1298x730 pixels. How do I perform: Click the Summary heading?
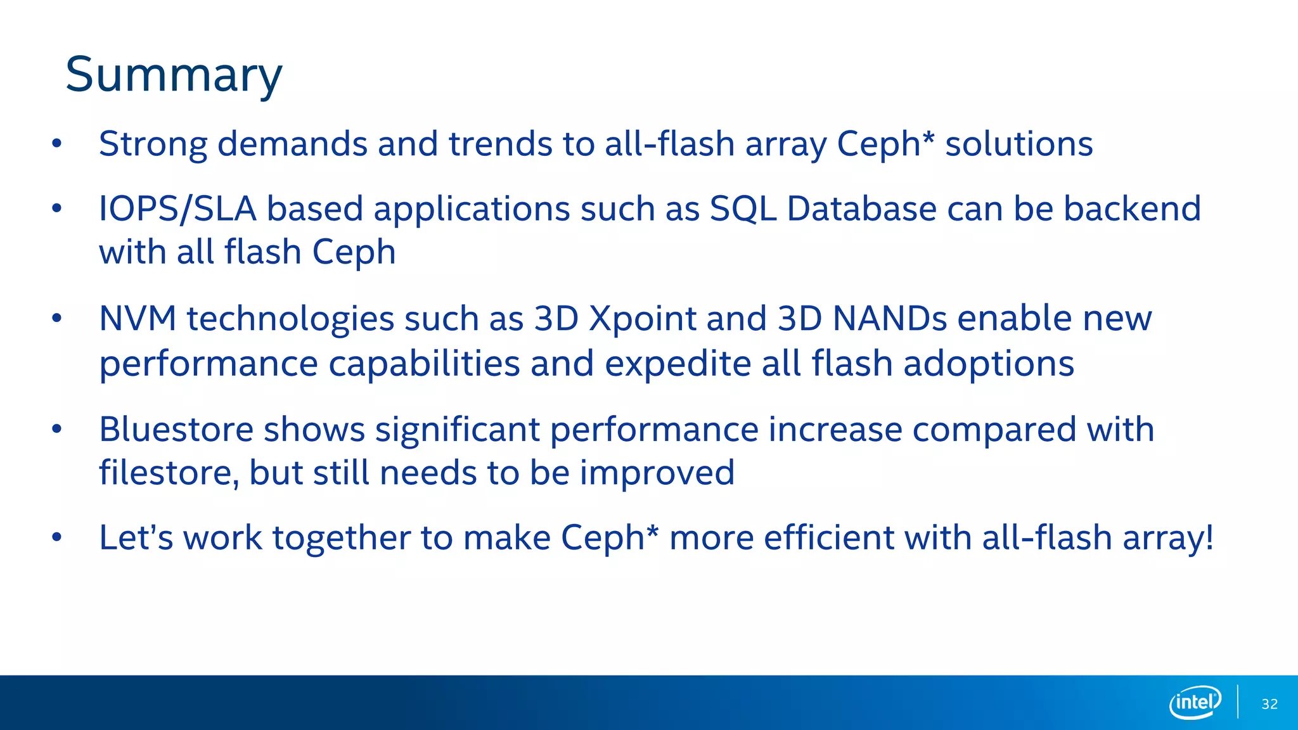[174, 75]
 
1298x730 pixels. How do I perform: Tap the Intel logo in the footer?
[1195, 702]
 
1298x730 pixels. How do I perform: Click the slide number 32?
[1269, 704]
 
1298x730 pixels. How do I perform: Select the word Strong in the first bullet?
[153, 144]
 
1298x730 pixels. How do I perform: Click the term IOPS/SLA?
[177, 209]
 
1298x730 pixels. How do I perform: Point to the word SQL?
[743, 209]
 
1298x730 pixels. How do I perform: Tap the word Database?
[861, 209]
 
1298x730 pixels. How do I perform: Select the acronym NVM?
[138, 318]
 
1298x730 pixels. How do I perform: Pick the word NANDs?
[889, 318]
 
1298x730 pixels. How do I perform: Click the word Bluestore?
[176, 430]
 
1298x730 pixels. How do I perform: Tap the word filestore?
[169, 473]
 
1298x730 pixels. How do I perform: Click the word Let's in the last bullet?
[136, 538]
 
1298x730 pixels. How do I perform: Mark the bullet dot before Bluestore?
[57, 430]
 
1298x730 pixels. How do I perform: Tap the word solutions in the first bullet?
[1018, 144]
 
